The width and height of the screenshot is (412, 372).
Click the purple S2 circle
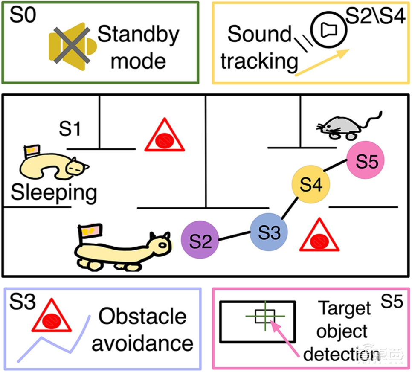point(200,239)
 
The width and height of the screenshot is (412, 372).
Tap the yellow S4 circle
point(310,184)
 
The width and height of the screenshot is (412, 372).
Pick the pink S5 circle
point(366,162)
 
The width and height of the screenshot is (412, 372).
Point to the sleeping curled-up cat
point(51,166)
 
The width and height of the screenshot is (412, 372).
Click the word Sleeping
point(53,193)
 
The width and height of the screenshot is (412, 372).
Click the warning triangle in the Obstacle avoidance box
point(52,317)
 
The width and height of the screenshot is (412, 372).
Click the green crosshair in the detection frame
point(265,316)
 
